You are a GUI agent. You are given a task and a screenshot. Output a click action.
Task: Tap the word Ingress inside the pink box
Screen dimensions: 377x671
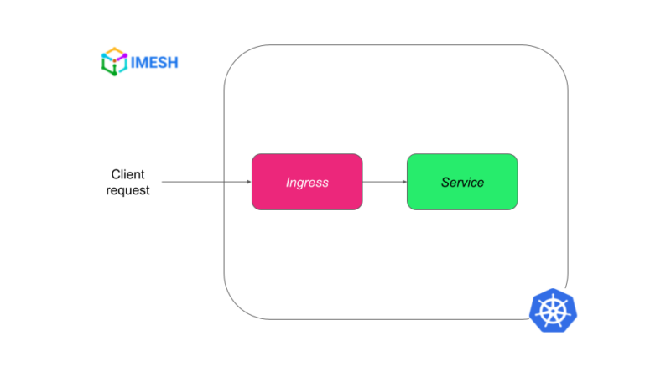click(307, 182)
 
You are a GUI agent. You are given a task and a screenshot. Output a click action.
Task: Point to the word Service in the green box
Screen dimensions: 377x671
click(462, 182)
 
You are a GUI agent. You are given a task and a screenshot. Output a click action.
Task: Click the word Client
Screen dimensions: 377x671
click(127, 174)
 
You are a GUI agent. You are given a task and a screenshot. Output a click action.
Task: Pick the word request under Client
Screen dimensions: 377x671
click(127, 190)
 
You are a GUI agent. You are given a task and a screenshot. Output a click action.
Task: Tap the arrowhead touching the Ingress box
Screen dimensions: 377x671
click(248, 182)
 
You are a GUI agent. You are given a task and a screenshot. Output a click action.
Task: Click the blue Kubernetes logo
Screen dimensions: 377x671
click(554, 309)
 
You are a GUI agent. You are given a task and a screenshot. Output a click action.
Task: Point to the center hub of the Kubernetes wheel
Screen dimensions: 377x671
click(554, 310)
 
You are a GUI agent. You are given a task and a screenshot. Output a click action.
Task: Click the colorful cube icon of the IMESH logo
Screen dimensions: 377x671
click(113, 62)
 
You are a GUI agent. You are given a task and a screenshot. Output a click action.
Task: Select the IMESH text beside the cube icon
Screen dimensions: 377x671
click(153, 62)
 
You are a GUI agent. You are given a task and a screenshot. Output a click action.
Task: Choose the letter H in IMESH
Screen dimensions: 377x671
click(172, 62)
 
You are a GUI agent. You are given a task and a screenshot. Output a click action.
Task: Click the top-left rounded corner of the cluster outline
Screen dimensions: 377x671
click(236, 57)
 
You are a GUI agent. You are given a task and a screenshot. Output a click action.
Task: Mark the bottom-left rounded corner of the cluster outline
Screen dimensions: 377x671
click(236, 307)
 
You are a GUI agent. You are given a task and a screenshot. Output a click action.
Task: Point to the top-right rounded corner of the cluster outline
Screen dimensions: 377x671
click(556, 57)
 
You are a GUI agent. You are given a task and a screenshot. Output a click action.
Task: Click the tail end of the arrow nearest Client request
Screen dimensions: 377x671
click(163, 182)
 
